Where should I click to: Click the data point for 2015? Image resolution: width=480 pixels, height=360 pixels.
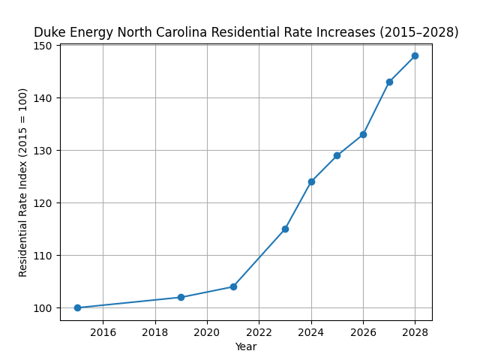tap(77, 307)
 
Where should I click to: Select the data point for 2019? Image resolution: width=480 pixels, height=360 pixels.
tap(181, 297)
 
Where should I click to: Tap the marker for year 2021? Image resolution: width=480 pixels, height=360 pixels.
tap(233, 286)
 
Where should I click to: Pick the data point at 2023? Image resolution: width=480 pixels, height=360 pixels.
tap(285, 229)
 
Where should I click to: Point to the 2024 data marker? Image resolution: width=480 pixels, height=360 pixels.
tap(311, 181)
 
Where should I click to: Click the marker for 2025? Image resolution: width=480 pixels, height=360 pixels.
tap(337, 155)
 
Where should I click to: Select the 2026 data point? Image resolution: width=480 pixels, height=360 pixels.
tap(363, 134)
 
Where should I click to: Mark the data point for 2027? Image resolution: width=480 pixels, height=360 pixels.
tap(389, 82)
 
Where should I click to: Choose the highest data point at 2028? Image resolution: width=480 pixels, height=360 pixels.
tap(415, 55)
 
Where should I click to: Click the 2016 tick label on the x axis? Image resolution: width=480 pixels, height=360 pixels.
tap(103, 332)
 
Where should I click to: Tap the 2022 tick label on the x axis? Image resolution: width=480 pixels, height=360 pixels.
tap(259, 332)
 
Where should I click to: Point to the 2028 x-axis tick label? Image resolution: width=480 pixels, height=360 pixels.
tap(415, 332)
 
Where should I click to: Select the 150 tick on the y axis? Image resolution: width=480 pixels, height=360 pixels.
tap(44, 46)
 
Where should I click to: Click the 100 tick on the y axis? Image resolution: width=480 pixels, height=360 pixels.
tap(44, 308)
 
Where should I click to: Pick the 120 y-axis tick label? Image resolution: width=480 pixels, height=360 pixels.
tap(44, 203)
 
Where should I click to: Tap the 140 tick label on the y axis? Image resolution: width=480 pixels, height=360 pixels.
tap(44, 98)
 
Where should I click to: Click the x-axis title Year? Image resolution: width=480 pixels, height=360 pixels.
tap(246, 346)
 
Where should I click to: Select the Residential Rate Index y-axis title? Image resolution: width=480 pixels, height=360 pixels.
tap(23, 182)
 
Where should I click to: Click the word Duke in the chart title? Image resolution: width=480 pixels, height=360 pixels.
tap(48, 33)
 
